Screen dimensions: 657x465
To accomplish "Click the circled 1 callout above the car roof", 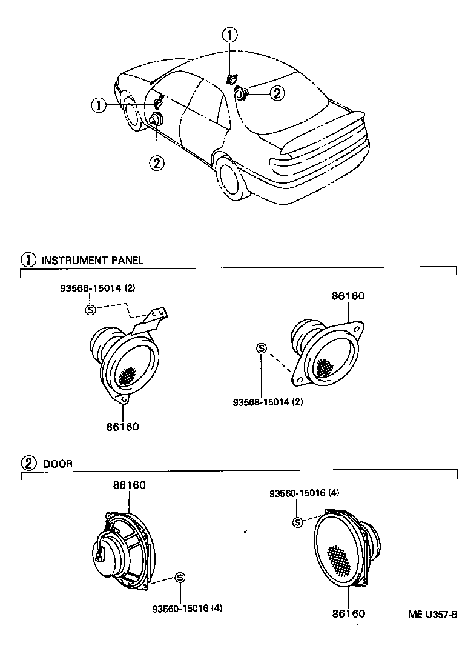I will (229, 35).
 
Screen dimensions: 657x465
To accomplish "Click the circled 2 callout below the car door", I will (157, 162).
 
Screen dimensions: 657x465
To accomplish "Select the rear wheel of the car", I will (232, 178).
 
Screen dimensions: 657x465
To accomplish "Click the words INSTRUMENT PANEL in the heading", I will (92, 260).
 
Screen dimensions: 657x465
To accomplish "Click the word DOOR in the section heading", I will (58, 464).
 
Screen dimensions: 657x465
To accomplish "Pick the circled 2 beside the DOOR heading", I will (29, 463).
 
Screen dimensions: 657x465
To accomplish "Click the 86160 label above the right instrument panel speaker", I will (348, 296).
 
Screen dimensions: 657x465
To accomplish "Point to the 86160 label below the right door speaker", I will (348, 613).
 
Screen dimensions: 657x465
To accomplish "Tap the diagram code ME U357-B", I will (432, 614).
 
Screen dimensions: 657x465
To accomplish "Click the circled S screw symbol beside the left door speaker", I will (179, 578).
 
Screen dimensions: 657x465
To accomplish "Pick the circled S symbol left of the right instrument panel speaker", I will (261, 348).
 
